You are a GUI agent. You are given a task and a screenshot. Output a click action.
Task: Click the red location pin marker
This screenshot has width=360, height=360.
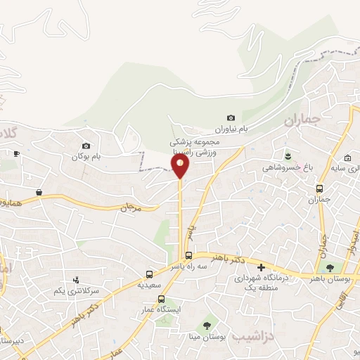[x=180, y=166]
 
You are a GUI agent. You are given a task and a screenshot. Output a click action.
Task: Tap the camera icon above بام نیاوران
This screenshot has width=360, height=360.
[x=231, y=117]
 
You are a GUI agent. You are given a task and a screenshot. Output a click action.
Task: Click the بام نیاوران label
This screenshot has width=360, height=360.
[x=231, y=130]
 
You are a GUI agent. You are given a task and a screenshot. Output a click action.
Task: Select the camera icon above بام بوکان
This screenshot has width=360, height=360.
[x=86, y=145]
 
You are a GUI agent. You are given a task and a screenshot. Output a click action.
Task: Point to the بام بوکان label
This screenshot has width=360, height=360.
[x=86, y=156]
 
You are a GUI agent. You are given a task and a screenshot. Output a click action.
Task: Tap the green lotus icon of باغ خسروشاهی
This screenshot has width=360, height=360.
[x=287, y=155]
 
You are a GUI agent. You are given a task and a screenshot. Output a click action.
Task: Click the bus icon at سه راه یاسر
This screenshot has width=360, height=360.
[x=188, y=256]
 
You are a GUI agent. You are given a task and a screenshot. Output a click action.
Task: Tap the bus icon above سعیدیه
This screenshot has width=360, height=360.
[x=149, y=274]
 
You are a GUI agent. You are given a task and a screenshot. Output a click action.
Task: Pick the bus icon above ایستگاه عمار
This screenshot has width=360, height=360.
[x=161, y=299]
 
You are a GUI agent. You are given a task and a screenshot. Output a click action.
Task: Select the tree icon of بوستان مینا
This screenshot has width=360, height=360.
[x=207, y=325]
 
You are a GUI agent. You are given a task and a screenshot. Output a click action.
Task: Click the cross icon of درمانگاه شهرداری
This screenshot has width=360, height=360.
[x=261, y=267]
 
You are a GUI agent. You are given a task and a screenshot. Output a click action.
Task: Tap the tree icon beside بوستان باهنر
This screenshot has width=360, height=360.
[x=328, y=267]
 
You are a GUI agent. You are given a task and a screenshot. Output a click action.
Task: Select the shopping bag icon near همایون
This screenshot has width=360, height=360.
[x=38, y=192]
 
